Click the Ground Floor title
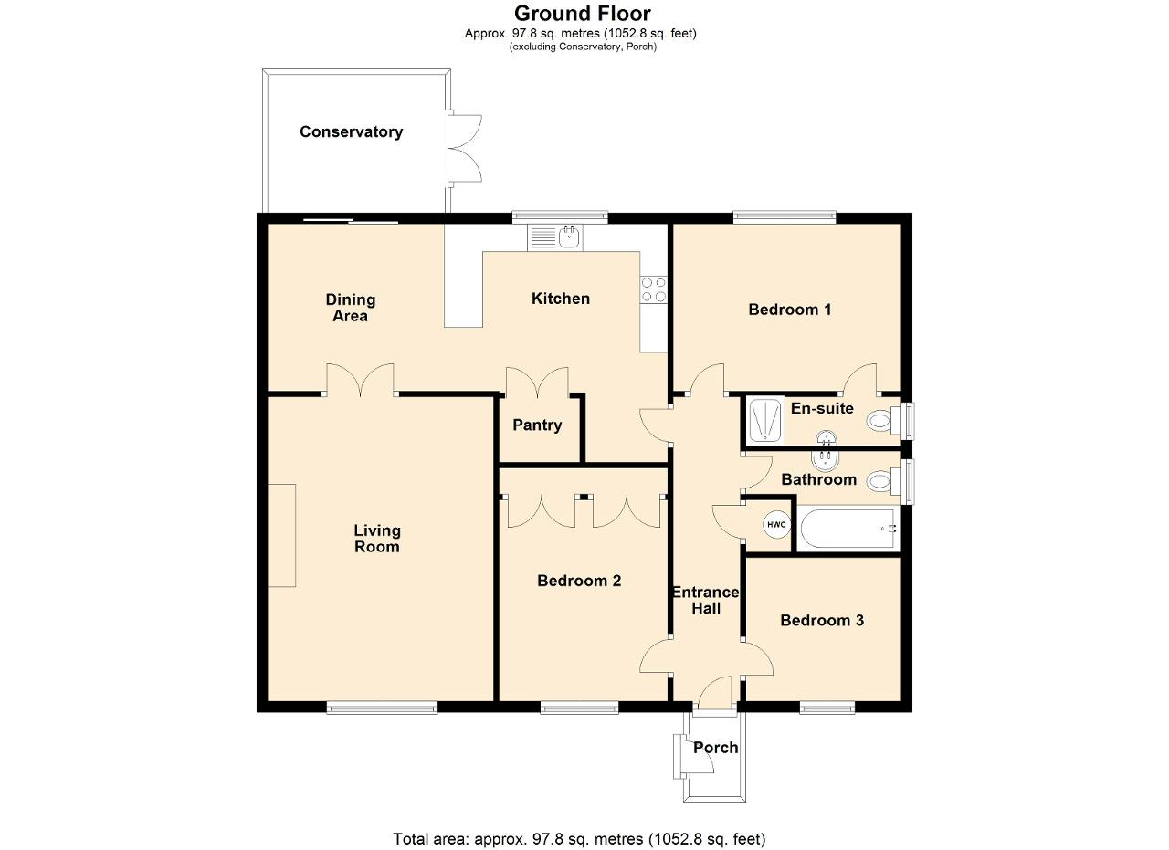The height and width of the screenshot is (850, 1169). pos(583,13)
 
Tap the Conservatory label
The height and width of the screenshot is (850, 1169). pos(352,132)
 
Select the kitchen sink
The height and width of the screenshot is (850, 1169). pos(554,237)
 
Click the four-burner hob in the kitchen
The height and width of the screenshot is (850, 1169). pos(653,289)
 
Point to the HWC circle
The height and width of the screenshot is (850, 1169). pos(776,524)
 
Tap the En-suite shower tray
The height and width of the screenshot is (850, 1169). pos(765,420)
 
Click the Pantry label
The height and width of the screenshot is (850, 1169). pos(537,425)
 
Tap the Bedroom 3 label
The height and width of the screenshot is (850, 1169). pos(822,621)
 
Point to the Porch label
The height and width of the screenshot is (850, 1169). pos(715,748)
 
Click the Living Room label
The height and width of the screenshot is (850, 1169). pos(377,539)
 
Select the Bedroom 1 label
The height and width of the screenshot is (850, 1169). pos(790,310)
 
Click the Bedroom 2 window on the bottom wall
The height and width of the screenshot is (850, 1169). pos(579,708)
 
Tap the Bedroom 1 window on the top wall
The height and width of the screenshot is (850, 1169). pos(785,216)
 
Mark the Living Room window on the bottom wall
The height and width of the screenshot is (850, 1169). pos(382,708)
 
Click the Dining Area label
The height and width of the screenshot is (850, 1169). pos(350,308)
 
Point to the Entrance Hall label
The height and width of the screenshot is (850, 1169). pos(706,600)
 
